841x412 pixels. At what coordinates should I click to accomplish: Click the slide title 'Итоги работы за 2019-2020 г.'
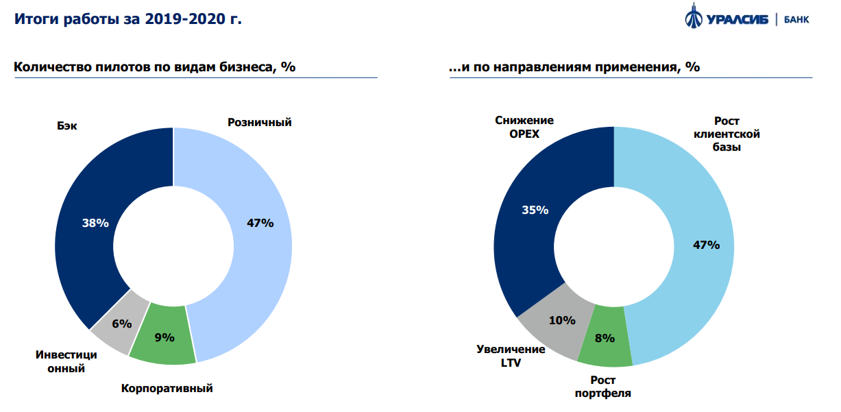(129, 19)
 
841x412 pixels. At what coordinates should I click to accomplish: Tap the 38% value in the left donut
(95, 223)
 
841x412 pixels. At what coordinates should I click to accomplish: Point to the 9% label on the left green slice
(164, 337)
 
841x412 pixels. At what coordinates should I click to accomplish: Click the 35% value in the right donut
(535, 210)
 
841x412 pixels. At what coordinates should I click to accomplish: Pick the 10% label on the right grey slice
(562, 319)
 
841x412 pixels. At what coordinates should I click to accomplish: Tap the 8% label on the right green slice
(605, 338)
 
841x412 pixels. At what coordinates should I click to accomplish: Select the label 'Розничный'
(260, 123)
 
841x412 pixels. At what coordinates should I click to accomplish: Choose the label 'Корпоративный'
(167, 389)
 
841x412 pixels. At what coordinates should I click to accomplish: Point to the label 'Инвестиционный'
(66, 362)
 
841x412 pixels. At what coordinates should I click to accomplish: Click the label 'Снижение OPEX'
(524, 128)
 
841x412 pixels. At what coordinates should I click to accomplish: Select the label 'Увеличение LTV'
(511, 356)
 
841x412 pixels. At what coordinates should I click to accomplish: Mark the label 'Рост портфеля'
(603, 387)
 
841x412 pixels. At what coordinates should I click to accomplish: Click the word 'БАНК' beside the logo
(795, 19)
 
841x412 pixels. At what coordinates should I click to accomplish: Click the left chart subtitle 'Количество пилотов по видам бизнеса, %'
(155, 67)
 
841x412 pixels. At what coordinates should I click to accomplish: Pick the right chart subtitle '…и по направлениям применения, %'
(574, 67)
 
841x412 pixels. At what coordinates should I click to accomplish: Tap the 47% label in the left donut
(260, 223)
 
